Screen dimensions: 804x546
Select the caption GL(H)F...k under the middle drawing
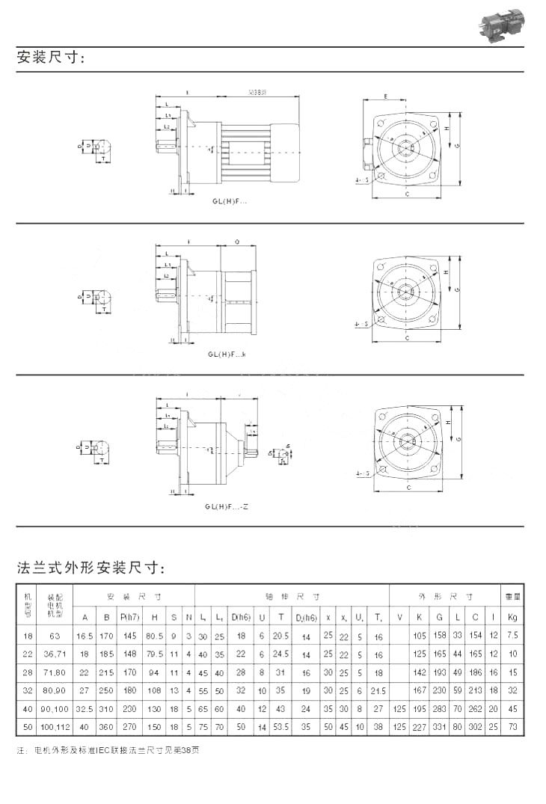pyautogui.click(x=227, y=354)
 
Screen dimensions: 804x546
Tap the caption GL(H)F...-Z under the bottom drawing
pyautogui.click(x=226, y=507)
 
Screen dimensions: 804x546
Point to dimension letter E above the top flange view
pyautogui.click(x=384, y=97)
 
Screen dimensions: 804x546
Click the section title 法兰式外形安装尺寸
pyautogui.click(x=90, y=568)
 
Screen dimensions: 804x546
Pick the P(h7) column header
pyautogui.click(x=129, y=617)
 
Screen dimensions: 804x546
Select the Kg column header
pyautogui.click(x=512, y=617)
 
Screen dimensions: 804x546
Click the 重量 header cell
pyautogui.click(x=512, y=597)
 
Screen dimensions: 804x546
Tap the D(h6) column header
pyautogui.click(x=241, y=617)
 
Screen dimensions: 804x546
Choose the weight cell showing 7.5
pyautogui.click(x=512, y=635)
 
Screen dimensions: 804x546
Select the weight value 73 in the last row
pyautogui.click(x=512, y=725)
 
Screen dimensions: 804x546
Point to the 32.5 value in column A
pyautogui.click(x=85, y=707)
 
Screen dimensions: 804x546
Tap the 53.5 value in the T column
pyautogui.click(x=281, y=725)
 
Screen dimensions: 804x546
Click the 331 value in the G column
pyautogui.click(x=439, y=725)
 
